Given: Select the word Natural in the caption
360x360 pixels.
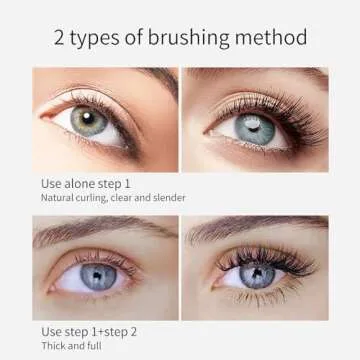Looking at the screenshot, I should (57, 198).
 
